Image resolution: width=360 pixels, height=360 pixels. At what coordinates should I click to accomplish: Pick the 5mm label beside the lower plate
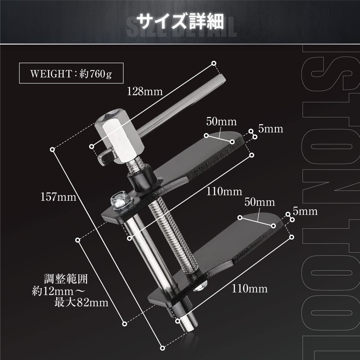pos(305,211)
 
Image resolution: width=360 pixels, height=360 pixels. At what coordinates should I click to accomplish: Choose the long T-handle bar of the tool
pos(180,103)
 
